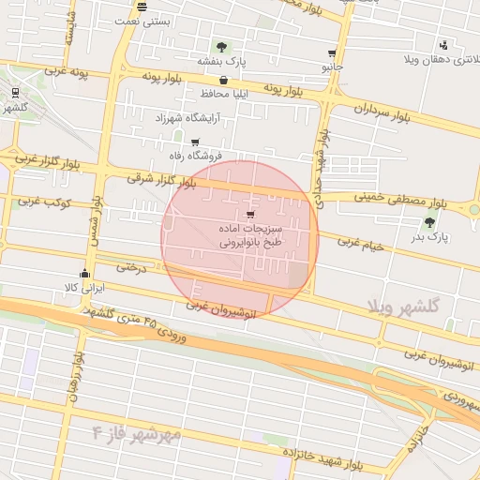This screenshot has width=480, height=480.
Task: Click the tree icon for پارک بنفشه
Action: click(x=221, y=47)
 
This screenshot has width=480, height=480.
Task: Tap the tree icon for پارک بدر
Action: click(x=430, y=222)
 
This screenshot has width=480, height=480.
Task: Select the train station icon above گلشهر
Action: click(x=16, y=93)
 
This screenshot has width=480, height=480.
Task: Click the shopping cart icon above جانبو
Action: click(x=332, y=53)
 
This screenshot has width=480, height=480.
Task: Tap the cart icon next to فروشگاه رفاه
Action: click(x=195, y=142)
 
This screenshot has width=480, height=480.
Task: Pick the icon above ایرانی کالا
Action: click(x=85, y=274)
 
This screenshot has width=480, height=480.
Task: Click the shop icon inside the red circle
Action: click(x=248, y=215)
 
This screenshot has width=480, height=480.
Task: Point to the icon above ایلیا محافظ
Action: click(x=222, y=81)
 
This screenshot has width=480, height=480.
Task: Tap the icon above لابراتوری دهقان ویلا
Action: click(x=442, y=46)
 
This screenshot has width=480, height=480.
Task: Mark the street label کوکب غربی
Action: click(x=38, y=201)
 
